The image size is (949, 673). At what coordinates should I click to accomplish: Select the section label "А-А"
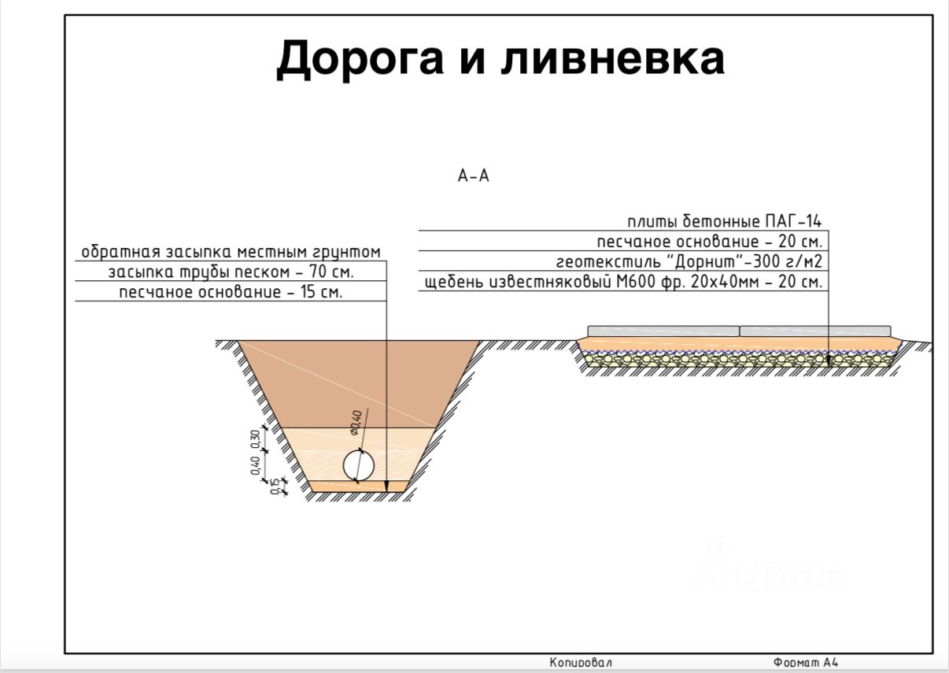click(x=474, y=176)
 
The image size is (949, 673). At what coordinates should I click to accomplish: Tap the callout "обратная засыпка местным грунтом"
click(x=231, y=252)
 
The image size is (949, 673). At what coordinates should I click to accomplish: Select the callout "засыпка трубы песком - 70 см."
click(x=231, y=272)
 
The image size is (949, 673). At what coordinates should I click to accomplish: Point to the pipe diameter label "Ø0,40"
click(x=355, y=423)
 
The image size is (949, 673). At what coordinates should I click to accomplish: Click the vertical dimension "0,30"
click(x=254, y=438)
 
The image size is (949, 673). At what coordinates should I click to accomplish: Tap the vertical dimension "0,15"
click(x=274, y=486)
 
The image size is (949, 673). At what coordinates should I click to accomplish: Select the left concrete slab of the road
click(x=663, y=330)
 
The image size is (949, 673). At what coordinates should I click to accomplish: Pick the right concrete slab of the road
click(x=815, y=330)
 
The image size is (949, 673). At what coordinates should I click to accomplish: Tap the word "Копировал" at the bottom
click(x=581, y=663)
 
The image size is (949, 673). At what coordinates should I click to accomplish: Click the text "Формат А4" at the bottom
click(x=805, y=663)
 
